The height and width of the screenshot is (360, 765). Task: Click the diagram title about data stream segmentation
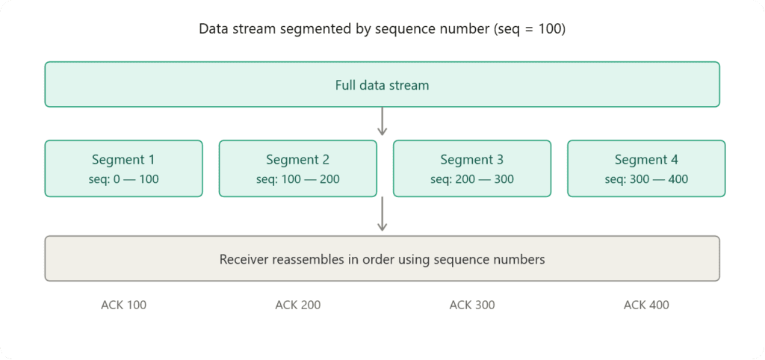tap(382, 29)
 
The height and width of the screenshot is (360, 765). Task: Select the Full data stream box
tap(382, 84)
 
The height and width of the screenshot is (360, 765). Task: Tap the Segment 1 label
tap(123, 160)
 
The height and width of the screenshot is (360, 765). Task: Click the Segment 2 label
tap(297, 160)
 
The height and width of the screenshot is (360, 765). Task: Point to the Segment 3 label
tap(471, 160)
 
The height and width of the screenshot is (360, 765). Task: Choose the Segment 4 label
tap(646, 160)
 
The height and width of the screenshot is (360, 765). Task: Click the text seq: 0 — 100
tap(123, 179)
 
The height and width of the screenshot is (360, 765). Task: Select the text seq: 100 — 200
tap(297, 179)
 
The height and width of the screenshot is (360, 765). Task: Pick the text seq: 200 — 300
tap(471, 179)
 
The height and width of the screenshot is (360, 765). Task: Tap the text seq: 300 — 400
tap(646, 179)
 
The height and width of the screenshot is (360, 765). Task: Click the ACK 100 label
tap(123, 305)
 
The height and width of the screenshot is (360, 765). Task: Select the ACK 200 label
tap(297, 305)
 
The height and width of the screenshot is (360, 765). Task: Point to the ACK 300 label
tap(471, 305)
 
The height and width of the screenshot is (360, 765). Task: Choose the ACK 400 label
tap(646, 305)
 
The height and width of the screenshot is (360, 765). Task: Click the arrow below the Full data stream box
tap(382, 121)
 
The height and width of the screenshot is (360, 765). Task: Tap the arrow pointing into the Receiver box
tap(382, 215)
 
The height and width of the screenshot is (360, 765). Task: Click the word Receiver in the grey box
tap(243, 259)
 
